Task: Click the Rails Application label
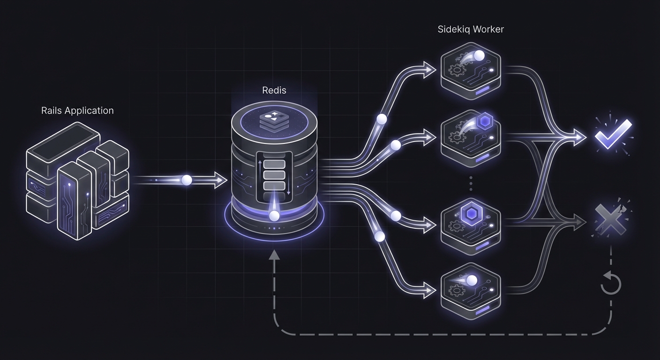pyautogui.click(x=77, y=111)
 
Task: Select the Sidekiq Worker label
pyautogui.click(x=471, y=30)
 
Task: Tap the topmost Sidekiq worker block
pyautogui.click(x=471, y=70)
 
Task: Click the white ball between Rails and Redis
pyautogui.click(x=187, y=180)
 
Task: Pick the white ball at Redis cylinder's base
pyautogui.click(x=274, y=216)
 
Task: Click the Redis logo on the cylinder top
pyautogui.click(x=274, y=120)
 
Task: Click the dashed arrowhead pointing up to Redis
pyautogui.click(x=274, y=255)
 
